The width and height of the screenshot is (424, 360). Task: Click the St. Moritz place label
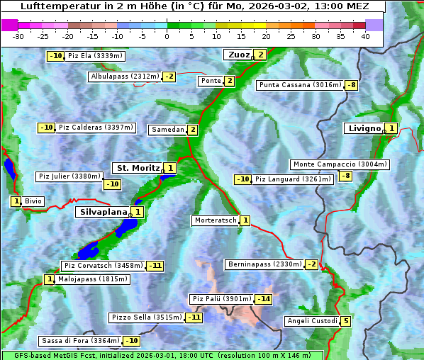138,168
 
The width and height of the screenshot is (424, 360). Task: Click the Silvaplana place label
103,212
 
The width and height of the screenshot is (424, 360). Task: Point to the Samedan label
167,130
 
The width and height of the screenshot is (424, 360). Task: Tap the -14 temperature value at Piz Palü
264,299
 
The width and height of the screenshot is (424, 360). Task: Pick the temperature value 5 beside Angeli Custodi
345,321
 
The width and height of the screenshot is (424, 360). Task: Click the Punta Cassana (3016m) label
300,85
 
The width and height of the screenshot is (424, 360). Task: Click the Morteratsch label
216,220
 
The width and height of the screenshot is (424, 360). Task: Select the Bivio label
33,201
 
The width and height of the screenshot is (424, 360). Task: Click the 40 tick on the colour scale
365,36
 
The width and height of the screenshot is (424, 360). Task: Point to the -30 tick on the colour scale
18,36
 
